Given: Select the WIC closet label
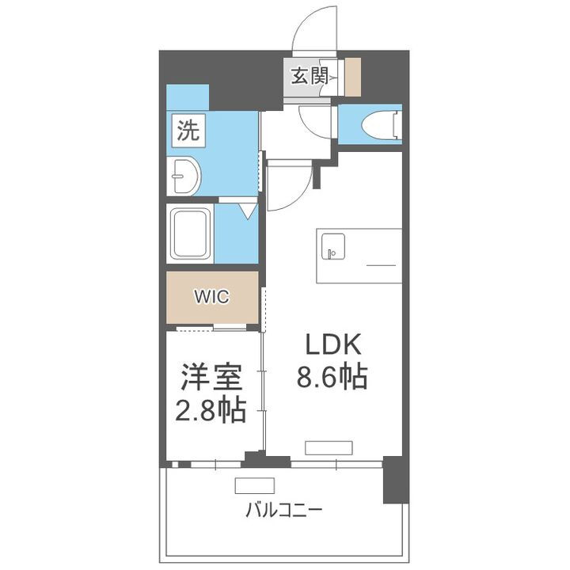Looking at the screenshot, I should (212, 297).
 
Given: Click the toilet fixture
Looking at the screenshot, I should (381, 125).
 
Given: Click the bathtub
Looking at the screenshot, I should (191, 234).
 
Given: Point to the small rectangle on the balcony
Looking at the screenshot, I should (253, 486).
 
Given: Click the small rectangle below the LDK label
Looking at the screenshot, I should (328, 447).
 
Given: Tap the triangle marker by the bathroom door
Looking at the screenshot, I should (247, 211).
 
